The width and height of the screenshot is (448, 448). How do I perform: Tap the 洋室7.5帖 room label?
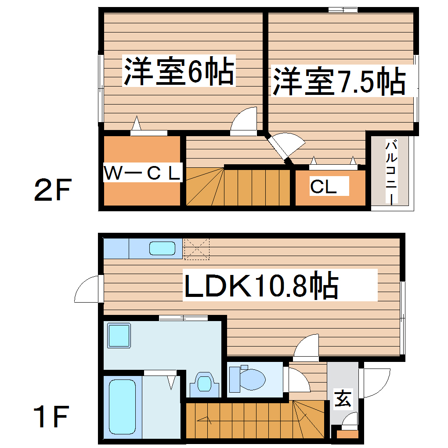coord(339,81)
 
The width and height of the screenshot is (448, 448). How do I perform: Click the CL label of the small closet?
coord(323,187)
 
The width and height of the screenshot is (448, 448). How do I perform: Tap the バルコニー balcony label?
coord(390,172)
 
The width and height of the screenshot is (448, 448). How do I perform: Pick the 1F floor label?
coord(52,418)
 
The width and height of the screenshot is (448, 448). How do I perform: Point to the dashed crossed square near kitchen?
coord(196,249)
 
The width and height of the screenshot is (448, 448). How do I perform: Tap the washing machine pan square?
coord(119,336)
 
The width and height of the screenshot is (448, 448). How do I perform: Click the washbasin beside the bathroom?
coord(204,383)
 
